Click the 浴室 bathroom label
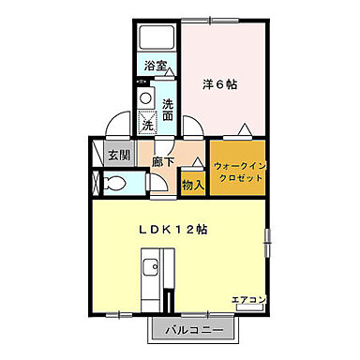pyautogui.click(x=156, y=66)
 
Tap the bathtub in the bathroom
pyautogui.click(x=156, y=38)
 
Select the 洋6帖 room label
pyautogui.click(x=219, y=84)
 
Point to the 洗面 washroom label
pyautogui.click(x=168, y=110)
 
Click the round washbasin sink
pyautogui.click(x=145, y=99)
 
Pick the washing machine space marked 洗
pyautogui.click(x=147, y=123)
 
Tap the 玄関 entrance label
pyautogui.click(x=116, y=156)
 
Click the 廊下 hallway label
pyautogui.click(x=163, y=161)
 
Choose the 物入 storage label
pyautogui.click(x=192, y=186)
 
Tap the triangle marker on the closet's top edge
pyautogui.click(x=244, y=129)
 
